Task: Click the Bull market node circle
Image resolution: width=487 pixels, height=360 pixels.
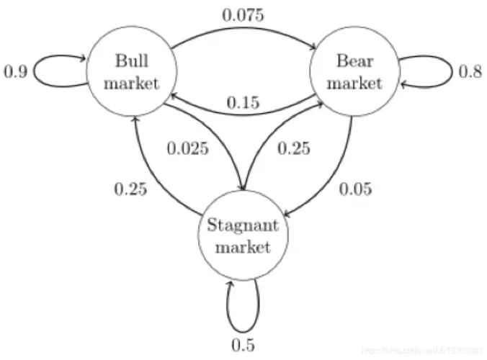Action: (131, 72)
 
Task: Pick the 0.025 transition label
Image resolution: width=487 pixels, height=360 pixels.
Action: (189, 149)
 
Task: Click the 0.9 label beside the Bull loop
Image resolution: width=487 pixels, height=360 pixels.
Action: (17, 73)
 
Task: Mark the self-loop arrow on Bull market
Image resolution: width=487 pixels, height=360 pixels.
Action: (50, 73)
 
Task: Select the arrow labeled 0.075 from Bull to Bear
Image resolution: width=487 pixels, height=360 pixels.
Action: (243, 30)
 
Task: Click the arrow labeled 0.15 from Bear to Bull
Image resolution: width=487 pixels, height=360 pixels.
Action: (243, 91)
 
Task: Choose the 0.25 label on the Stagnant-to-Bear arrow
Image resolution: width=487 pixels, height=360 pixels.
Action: (294, 149)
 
